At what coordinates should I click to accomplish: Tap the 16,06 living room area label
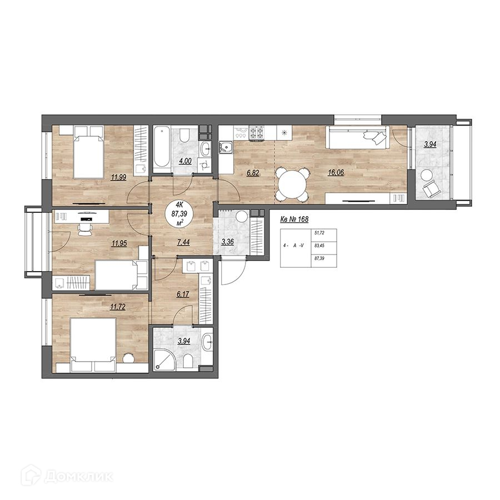(x=336, y=173)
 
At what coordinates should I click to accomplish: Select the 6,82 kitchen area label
(x=253, y=173)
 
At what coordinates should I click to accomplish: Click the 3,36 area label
(x=227, y=242)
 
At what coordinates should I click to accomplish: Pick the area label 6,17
(x=183, y=294)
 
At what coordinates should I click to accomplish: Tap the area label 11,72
(x=117, y=307)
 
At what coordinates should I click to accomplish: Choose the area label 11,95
(x=119, y=243)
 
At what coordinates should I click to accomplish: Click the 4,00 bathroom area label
(x=185, y=161)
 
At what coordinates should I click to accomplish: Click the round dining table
(x=292, y=184)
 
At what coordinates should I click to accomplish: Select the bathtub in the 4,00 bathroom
(x=162, y=147)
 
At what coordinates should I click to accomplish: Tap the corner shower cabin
(x=164, y=359)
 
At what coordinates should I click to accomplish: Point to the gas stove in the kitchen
(x=257, y=133)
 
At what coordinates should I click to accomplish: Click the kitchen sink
(x=227, y=148)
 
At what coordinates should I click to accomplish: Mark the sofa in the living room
(x=357, y=137)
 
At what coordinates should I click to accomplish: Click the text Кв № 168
(x=294, y=219)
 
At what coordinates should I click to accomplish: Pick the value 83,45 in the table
(x=319, y=246)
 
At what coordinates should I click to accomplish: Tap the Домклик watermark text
(x=78, y=477)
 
